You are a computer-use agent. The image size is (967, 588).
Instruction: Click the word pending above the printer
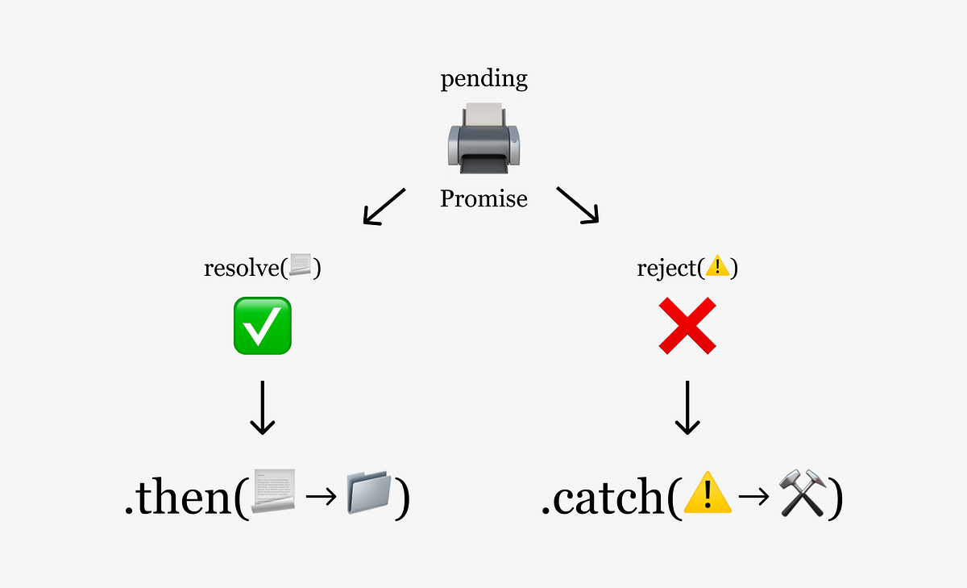coord(483,80)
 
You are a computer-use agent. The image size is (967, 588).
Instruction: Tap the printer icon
coord(483,138)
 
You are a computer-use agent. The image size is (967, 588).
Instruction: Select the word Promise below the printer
coord(483,198)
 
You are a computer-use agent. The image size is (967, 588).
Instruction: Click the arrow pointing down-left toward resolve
coord(384,206)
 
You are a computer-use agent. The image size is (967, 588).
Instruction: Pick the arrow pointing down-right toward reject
coord(579,205)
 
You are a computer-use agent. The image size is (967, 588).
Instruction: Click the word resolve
coord(241,268)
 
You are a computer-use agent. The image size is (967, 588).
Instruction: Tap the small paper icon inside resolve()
coord(300,267)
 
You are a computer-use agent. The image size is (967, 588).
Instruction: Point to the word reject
coord(666,268)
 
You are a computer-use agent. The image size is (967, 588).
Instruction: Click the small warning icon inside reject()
coord(716,267)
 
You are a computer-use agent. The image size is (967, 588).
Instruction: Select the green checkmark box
coord(262,326)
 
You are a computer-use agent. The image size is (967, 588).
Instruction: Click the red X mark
coord(687,326)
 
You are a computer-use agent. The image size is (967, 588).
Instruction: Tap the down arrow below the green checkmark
coord(262,407)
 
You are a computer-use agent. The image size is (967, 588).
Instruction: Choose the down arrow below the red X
coord(687,407)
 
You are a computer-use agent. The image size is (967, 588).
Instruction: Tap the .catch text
coord(604,498)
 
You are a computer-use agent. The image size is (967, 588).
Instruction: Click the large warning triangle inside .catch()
coord(707,494)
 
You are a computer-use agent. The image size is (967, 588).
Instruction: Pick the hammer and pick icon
coord(803,494)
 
